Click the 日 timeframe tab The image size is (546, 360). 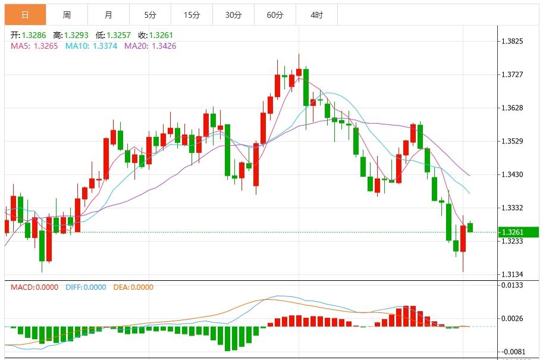click(x=25, y=15)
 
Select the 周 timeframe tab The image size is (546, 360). click(x=67, y=15)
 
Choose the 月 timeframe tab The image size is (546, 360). click(x=108, y=15)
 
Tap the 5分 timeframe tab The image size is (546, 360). click(x=150, y=15)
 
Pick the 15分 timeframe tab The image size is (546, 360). click(x=192, y=15)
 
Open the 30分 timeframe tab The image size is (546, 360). click(x=233, y=15)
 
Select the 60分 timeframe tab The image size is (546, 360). click(x=275, y=15)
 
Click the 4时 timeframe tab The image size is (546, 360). click(x=316, y=15)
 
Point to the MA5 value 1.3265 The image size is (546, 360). click(x=46, y=46)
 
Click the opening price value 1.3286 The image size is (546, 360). click(x=34, y=35)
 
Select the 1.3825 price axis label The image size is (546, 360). click(x=512, y=42)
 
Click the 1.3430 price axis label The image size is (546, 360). click(x=512, y=174)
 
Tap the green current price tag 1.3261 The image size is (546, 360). click(x=518, y=232)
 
